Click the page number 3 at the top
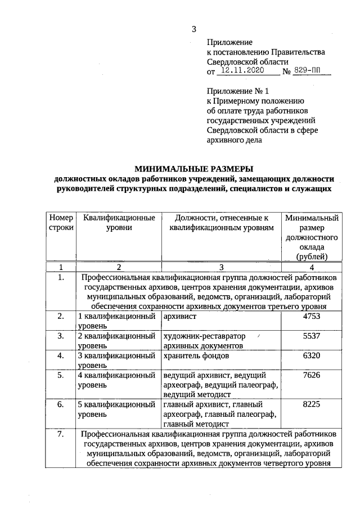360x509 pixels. pos(194,29)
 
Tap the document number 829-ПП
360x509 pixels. pos(311,71)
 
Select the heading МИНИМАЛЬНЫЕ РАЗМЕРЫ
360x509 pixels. pos(193,168)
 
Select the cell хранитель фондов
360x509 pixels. pos(196,356)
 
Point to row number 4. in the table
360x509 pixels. pos(61,356)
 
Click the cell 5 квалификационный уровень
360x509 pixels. pos(116,409)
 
